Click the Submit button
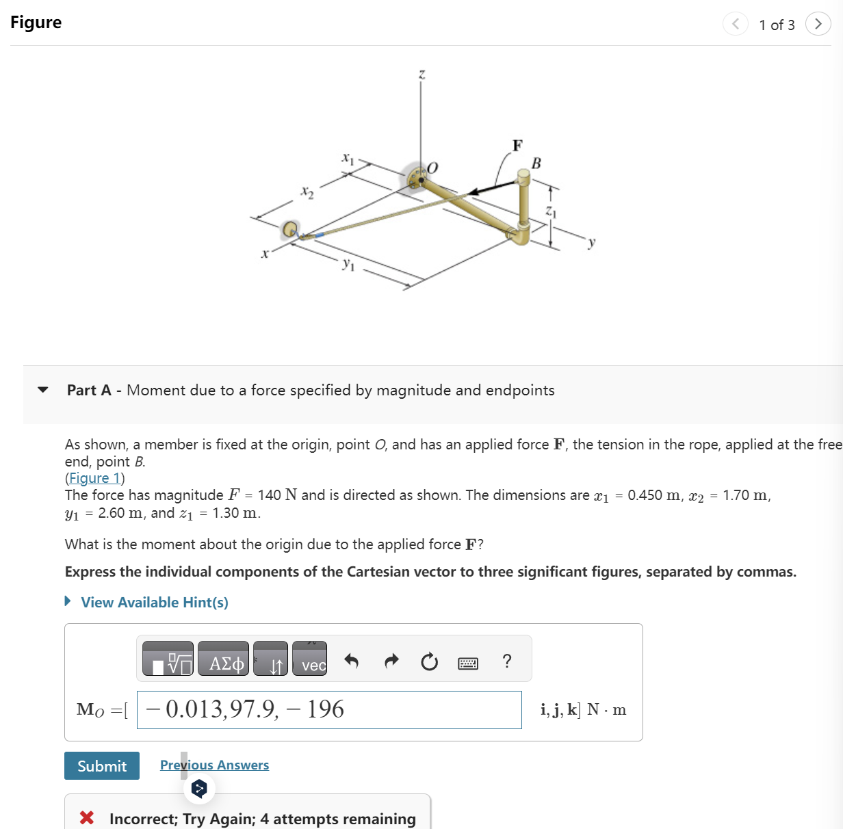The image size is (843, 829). (x=102, y=765)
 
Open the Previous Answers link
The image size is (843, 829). (x=214, y=765)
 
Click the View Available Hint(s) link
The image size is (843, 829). (x=154, y=602)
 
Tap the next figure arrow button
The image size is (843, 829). (x=818, y=24)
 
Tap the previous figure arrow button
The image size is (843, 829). (x=735, y=24)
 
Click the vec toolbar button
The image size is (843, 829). (x=310, y=659)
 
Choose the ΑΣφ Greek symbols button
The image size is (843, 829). (x=224, y=659)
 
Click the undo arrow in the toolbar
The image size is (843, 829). (x=351, y=661)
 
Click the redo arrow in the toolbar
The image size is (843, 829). (x=391, y=661)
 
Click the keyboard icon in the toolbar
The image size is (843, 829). (x=468, y=662)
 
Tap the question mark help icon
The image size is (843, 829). (x=506, y=661)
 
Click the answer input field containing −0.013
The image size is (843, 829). (x=329, y=710)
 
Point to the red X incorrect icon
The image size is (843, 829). (x=87, y=817)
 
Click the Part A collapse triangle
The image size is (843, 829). (x=43, y=390)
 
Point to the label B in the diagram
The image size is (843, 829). (x=536, y=163)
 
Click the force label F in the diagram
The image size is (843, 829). (x=517, y=145)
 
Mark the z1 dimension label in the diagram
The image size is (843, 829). (x=551, y=213)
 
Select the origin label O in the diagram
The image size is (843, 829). (x=432, y=168)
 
